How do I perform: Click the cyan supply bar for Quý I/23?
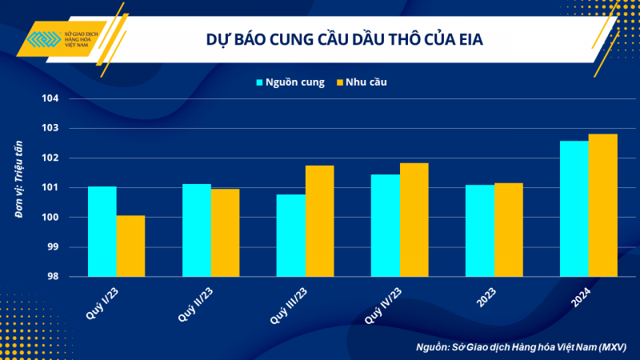(x=102, y=231)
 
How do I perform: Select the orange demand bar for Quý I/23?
(x=130, y=246)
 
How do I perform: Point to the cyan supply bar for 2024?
(x=574, y=209)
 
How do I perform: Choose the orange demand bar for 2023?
(x=508, y=230)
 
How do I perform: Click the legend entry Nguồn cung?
(x=290, y=82)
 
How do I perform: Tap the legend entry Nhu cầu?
(x=367, y=82)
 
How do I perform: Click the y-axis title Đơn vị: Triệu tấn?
(x=18, y=187)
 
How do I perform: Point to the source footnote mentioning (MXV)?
(x=521, y=347)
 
